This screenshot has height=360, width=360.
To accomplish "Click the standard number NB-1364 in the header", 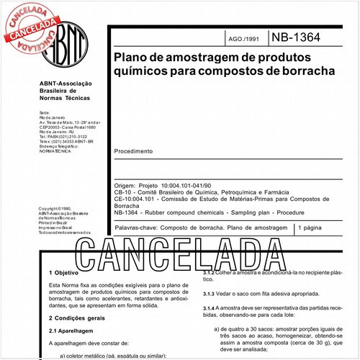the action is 296,37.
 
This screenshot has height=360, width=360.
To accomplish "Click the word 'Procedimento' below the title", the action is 134,152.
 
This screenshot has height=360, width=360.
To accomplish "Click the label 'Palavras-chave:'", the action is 138,228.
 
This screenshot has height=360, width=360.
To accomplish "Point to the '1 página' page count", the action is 312,228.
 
